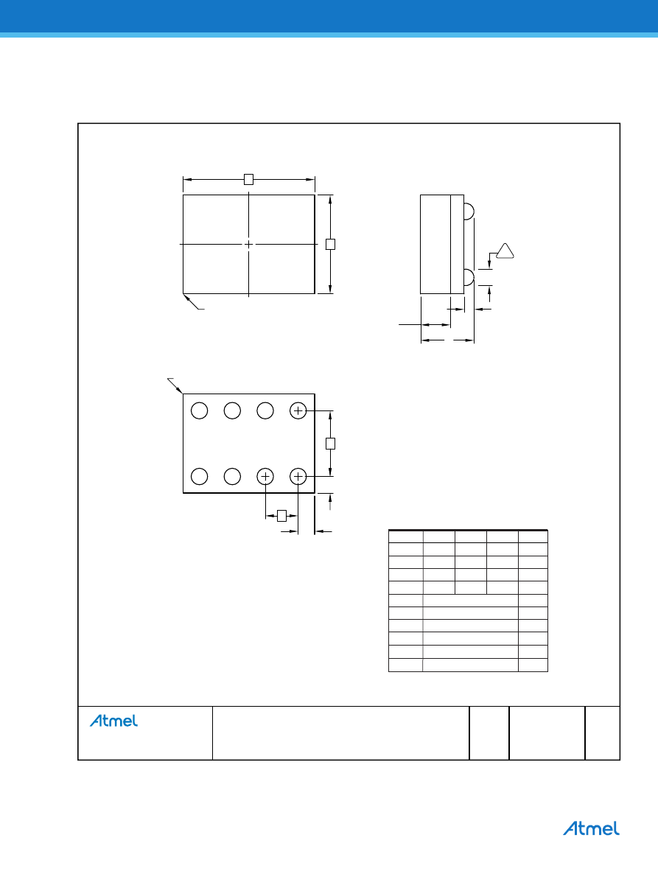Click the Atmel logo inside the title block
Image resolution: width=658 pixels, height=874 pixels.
click(x=113, y=721)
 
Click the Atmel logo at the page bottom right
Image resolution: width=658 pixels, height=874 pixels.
click(x=591, y=828)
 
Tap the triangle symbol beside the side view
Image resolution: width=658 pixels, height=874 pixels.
click(x=505, y=251)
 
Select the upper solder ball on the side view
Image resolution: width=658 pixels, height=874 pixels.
click(x=469, y=211)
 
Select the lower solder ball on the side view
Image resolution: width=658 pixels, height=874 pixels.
click(x=469, y=277)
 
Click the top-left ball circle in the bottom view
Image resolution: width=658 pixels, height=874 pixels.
click(x=200, y=410)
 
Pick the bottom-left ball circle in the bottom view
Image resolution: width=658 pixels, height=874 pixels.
click(x=200, y=477)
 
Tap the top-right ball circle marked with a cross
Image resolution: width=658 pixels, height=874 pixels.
click(x=298, y=410)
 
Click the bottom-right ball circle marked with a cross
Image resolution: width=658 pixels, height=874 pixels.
click(x=298, y=477)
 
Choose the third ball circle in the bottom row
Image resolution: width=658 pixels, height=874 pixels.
click(x=265, y=477)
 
